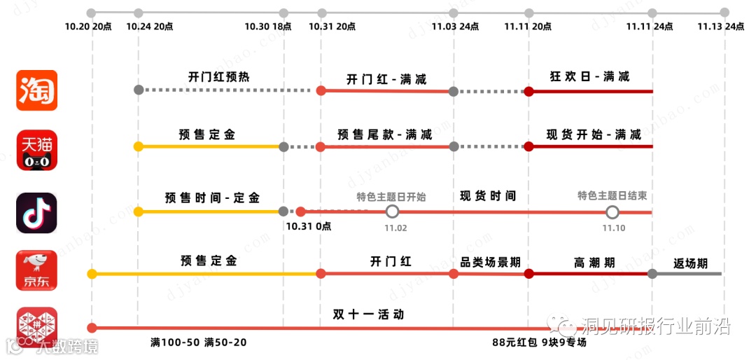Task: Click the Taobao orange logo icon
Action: point(37,90)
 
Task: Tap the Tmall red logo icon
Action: point(37,150)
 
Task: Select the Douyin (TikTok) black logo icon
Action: point(37,212)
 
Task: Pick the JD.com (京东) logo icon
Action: point(37,270)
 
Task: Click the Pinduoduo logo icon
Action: point(37,327)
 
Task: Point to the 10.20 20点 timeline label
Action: point(88,27)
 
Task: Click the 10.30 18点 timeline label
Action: point(268,27)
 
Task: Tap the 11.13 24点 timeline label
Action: point(721,27)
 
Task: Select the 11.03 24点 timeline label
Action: point(456,27)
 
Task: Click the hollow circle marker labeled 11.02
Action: point(393,212)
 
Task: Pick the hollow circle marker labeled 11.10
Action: point(612,212)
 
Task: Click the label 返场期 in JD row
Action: point(690,264)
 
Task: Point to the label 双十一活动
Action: point(368,314)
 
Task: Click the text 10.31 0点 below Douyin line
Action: point(309,226)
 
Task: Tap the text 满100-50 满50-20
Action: point(199,342)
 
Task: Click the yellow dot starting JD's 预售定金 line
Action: point(92,274)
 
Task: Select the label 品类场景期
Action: point(490,262)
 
